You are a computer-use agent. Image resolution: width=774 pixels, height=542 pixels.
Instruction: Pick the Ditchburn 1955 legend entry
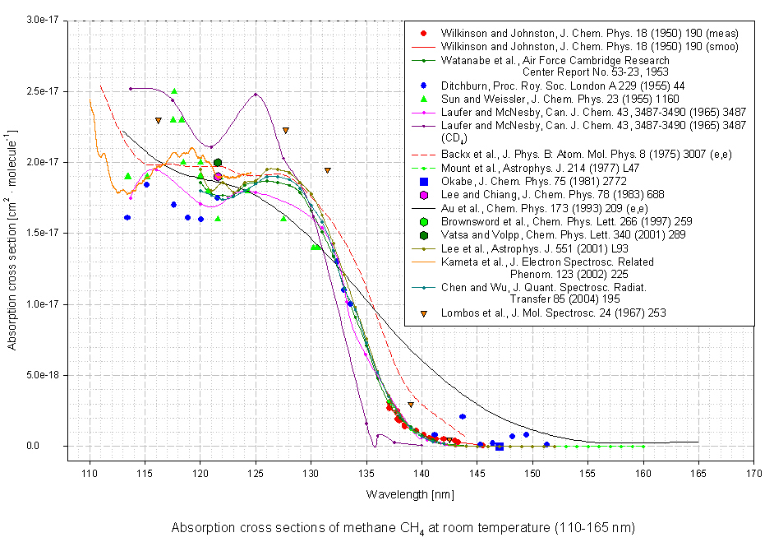coord(541,86)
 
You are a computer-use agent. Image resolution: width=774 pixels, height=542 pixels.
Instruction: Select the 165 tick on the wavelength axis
coord(698,475)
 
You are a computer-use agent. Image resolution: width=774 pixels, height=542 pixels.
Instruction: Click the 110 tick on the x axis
coord(90,475)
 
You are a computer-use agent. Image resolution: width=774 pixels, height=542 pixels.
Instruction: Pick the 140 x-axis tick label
coord(422,475)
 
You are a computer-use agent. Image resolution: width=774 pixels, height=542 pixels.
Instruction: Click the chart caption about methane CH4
coord(403,527)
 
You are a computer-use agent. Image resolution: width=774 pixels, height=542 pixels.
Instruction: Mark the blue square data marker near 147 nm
coord(499,447)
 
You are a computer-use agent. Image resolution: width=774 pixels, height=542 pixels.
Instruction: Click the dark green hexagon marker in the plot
coord(217,163)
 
